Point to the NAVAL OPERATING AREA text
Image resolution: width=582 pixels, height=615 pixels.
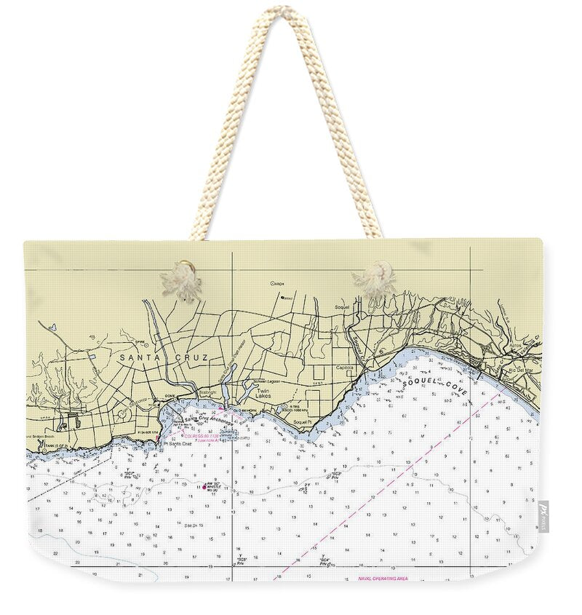pyautogui.click(x=383, y=579)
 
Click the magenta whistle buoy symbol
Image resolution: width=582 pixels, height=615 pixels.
pyautogui.click(x=204, y=486)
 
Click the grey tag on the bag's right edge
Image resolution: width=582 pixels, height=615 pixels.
pyautogui.click(x=543, y=516)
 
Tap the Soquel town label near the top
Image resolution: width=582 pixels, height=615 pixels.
pyautogui.click(x=342, y=307)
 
